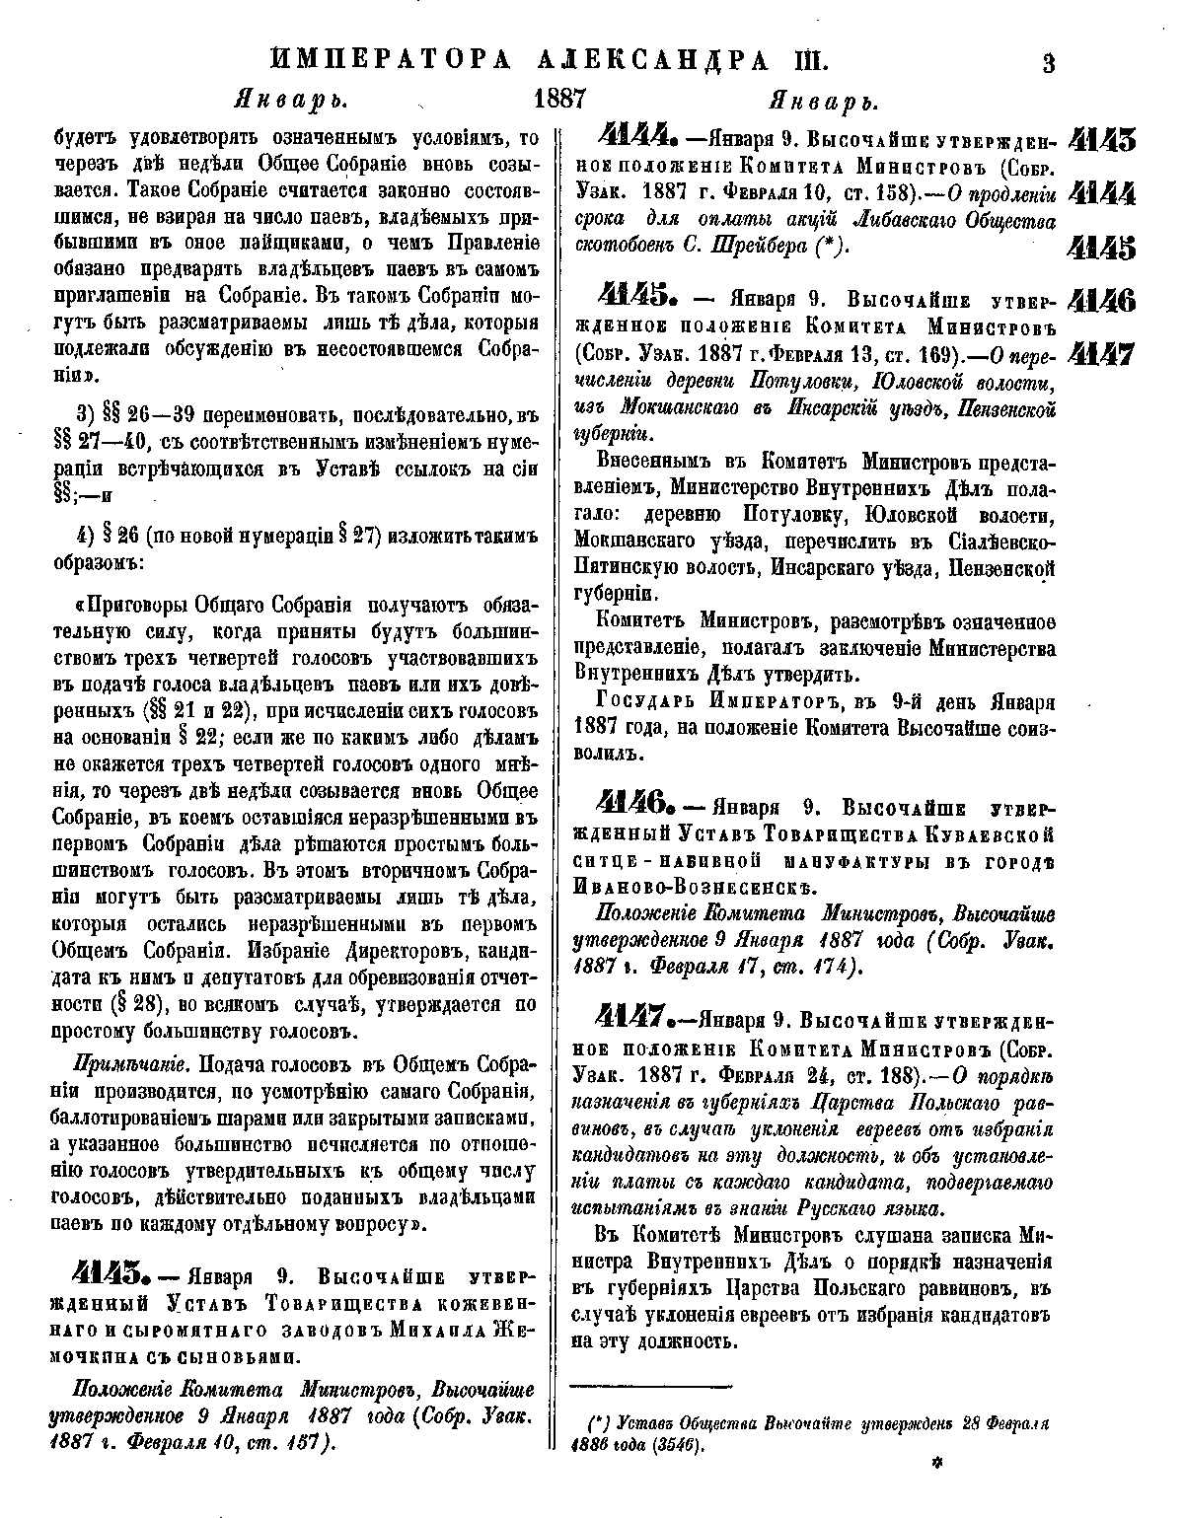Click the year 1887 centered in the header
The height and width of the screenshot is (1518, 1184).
(x=560, y=100)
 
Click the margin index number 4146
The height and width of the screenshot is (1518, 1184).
(x=1101, y=299)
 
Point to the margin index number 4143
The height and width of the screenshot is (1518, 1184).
(x=1102, y=139)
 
